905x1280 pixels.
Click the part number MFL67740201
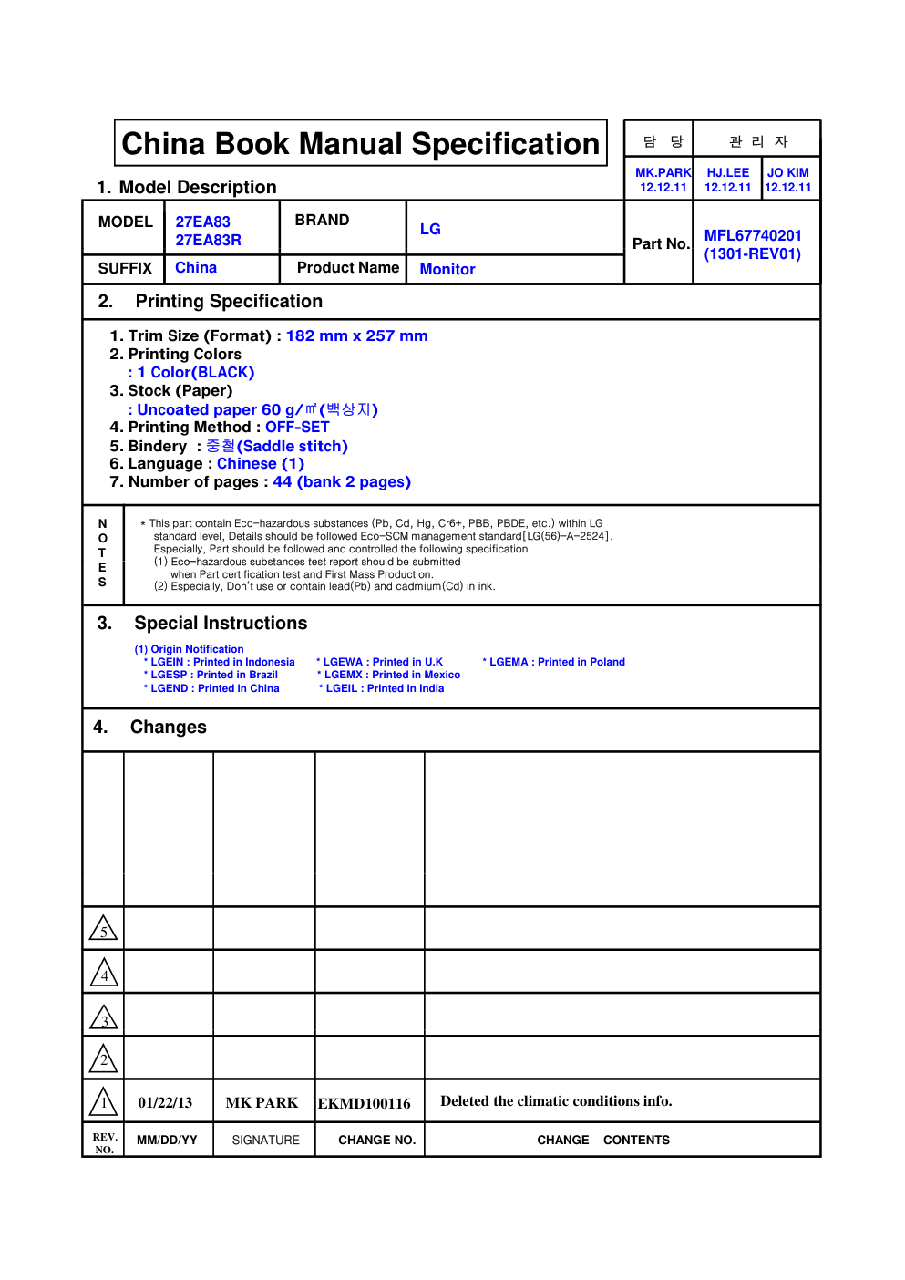753,235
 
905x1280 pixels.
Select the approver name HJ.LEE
727,172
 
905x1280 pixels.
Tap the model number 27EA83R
208,240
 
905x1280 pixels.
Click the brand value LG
430,229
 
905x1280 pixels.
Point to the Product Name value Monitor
447,269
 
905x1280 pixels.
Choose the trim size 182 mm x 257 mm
356,335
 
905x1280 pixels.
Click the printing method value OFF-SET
297,427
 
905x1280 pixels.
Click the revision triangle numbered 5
104,929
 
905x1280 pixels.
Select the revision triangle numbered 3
104,1017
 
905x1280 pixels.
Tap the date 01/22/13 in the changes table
165,1102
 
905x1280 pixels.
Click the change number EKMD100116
364,1103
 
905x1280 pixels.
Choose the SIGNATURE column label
265,1140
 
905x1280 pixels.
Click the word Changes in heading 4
169,727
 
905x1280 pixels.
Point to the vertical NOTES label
102,552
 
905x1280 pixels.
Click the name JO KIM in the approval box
787,172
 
